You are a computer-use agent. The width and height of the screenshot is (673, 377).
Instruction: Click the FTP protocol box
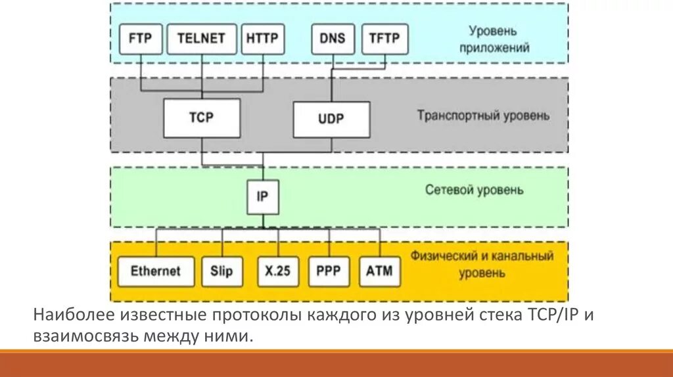click(140, 39)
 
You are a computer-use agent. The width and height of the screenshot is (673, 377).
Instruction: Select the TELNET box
click(202, 39)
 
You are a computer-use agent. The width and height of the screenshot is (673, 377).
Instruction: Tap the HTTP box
click(262, 39)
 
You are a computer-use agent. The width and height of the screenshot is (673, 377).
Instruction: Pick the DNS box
click(333, 39)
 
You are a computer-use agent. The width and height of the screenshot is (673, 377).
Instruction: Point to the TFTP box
click(384, 39)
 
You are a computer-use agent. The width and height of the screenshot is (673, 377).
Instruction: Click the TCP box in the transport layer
click(202, 118)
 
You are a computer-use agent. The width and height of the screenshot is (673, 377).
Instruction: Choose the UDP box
click(331, 120)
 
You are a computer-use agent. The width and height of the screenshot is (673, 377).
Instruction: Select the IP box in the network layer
click(262, 196)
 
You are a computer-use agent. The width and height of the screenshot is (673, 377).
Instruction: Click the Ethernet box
click(156, 271)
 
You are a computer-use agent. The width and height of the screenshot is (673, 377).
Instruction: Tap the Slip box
click(221, 271)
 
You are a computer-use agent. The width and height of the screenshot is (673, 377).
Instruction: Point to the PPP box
click(328, 271)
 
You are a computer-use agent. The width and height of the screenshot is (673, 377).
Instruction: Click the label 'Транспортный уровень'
click(483, 116)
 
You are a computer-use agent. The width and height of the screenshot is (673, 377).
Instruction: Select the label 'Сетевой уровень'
click(475, 190)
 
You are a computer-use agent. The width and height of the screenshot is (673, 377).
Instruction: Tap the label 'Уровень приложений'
click(499, 39)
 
